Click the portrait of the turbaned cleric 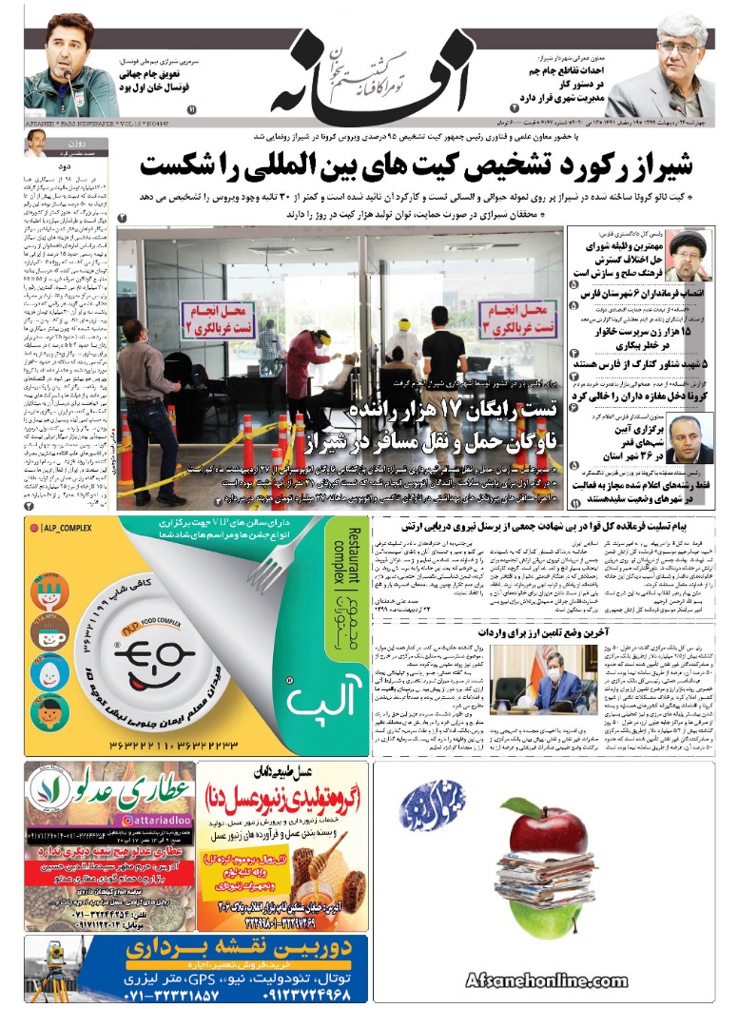685,254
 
